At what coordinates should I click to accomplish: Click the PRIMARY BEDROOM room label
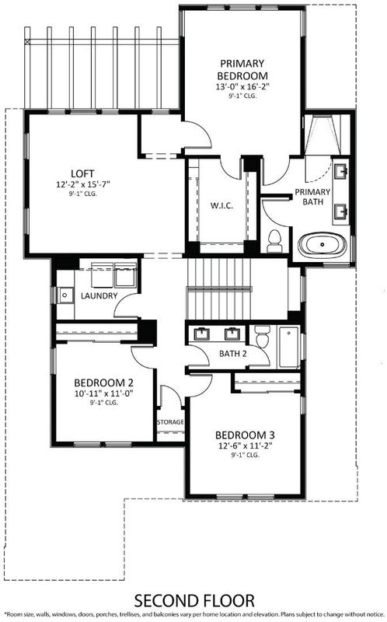(x=242, y=69)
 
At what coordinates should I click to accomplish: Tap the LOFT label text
(x=82, y=173)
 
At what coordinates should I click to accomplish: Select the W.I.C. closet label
(x=221, y=205)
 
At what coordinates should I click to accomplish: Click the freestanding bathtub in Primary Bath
(x=322, y=245)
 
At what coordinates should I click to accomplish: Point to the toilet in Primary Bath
(x=274, y=241)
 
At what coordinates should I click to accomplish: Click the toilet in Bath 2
(x=262, y=337)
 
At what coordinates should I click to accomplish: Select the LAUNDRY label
(x=99, y=295)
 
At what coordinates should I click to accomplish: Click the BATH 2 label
(x=233, y=354)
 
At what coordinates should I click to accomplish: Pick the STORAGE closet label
(x=170, y=421)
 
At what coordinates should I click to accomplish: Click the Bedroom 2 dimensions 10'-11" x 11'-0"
(x=104, y=394)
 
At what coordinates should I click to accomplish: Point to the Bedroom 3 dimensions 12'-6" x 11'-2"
(x=245, y=446)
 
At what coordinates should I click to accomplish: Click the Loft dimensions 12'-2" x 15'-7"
(x=82, y=184)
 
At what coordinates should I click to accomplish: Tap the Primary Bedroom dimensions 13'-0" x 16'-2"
(x=242, y=87)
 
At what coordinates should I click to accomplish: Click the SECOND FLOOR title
(x=194, y=601)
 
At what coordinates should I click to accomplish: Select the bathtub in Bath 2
(x=289, y=346)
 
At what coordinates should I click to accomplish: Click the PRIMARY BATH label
(x=312, y=197)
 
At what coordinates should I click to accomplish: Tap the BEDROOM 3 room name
(x=245, y=435)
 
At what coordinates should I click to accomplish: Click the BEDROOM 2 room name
(x=104, y=383)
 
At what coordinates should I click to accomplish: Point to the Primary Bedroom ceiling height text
(x=242, y=96)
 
